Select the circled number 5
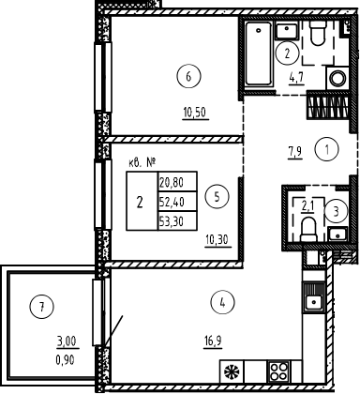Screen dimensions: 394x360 click(x=217, y=197)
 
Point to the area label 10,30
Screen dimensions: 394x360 click(x=216, y=239)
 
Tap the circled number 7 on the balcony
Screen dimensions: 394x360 click(x=37, y=303)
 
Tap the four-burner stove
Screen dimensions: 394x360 click(x=278, y=370)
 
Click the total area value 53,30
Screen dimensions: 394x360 click(x=172, y=221)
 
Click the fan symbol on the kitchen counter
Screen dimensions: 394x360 click(x=247, y=370)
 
